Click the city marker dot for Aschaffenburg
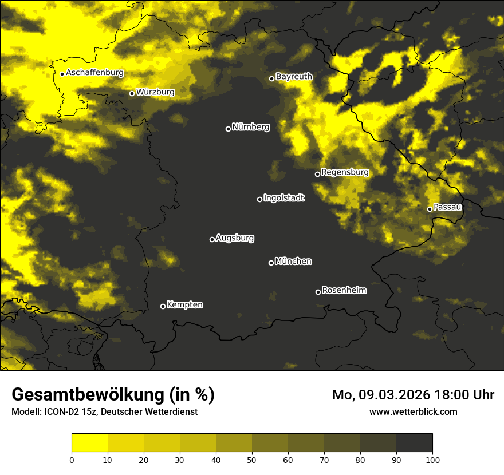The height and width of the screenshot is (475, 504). tap(62, 74)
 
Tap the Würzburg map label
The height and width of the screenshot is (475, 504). tap(155, 92)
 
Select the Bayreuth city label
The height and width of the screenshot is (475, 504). tap(294, 76)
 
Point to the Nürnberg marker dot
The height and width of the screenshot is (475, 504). tap(228, 129)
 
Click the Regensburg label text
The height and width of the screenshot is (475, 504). tap(345, 172)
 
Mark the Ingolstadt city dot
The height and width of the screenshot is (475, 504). tap(259, 199)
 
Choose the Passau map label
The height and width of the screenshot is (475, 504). tap(447, 207)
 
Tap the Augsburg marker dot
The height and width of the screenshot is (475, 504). tap(212, 239)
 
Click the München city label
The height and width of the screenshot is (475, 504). tap(293, 261)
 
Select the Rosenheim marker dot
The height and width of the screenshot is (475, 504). tap(318, 292)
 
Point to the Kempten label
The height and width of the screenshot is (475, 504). tap(184, 304)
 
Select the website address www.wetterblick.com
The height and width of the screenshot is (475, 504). tap(413, 411)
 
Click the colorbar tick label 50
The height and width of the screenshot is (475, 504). tap(252, 460)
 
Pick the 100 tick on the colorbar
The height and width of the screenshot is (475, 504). tap(432, 460)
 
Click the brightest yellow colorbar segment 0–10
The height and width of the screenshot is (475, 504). tap(90, 443)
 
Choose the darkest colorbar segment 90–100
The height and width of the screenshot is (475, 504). tap(414, 443)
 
